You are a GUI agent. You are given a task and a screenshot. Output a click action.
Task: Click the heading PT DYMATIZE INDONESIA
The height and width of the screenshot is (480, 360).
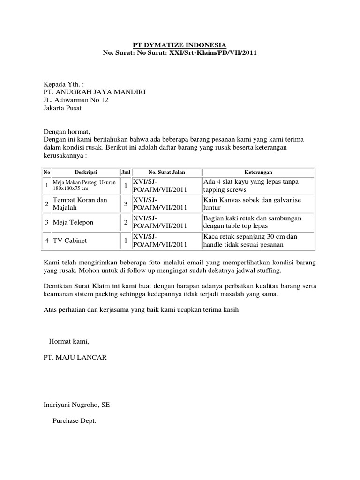click(180, 45)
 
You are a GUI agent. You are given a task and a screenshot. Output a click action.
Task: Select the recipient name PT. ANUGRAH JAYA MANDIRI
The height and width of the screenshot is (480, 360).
click(94, 92)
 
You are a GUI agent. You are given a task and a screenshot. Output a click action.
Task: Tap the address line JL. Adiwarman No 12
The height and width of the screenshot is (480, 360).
click(76, 100)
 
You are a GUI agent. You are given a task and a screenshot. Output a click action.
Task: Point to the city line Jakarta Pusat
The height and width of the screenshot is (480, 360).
click(62, 108)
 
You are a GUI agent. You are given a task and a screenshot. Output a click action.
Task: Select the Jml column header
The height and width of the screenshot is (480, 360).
click(126, 172)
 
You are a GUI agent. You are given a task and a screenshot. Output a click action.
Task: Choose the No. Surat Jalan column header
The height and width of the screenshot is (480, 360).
click(166, 172)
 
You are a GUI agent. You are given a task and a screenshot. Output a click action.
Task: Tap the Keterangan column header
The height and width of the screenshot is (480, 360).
click(258, 172)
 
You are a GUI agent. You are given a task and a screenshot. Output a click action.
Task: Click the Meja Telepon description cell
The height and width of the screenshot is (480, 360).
click(73, 222)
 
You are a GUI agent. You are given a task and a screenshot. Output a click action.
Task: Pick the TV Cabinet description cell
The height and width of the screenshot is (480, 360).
click(69, 240)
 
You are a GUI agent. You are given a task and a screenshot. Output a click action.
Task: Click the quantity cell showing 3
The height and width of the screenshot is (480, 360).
click(126, 204)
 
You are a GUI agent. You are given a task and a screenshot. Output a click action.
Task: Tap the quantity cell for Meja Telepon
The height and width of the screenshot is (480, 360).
click(126, 222)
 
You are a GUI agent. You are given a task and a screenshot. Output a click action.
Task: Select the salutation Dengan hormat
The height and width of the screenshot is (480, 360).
click(66, 132)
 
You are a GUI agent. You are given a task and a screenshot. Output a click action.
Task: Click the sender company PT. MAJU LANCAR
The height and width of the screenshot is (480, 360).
click(75, 357)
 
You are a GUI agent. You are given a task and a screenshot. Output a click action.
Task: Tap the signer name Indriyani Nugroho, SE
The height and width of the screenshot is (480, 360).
click(76, 404)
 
